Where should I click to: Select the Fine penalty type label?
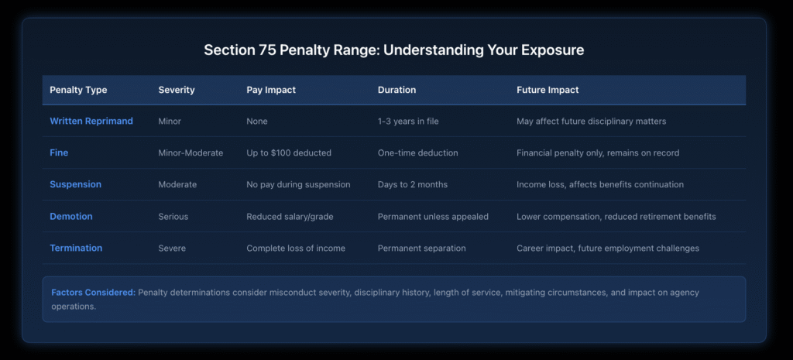[x=59, y=153]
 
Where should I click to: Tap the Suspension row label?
[x=76, y=185]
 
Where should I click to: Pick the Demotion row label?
[x=72, y=217]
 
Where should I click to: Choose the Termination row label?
[x=76, y=249]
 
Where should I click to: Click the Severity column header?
[x=177, y=90]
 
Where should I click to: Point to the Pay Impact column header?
[x=272, y=90]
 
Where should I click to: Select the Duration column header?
[x=396, y=90]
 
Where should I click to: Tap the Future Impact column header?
[x=548, y=90]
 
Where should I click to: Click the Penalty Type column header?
[x=78, y=90]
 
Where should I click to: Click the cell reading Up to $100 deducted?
[x=289, y=153]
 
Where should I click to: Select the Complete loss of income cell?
[x=295, y=249]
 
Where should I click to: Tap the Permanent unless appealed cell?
[x=433, y=217]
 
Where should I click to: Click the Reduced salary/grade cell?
[x=289, y=217]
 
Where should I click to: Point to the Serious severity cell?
[x=173, y=217]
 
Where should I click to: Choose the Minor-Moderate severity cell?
[x=191, y=153]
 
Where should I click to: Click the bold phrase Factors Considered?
[x=93, y=293]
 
